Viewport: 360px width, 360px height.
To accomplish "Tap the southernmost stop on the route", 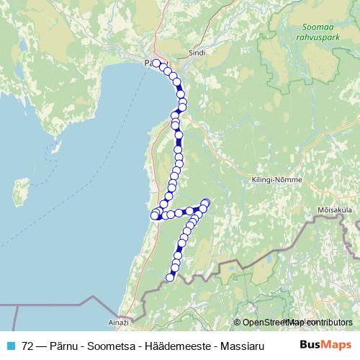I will click(x=171, y=277).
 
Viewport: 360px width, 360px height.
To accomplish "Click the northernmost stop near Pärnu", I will click(x=156, y=63).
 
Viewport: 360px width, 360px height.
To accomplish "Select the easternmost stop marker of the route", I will click(x=206, y=202).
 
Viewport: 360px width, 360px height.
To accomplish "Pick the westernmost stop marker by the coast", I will click(x=153, y=215).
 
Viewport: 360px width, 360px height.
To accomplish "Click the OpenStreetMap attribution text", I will click(x=274, y=323).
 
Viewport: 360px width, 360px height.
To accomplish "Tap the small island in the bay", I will click(x=22, y=192).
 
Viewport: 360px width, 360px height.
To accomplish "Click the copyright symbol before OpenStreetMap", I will click(x=238, y=323).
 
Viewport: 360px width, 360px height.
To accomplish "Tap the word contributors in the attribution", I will click(x=328, y=323).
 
